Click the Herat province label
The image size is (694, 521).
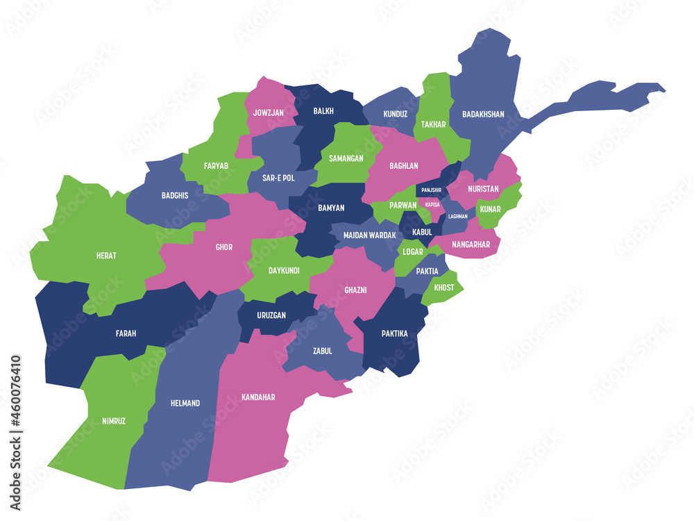(106, 256)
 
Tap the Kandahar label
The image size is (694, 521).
(258, 397)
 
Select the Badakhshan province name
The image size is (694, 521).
(483, 115)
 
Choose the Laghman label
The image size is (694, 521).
(458, 216)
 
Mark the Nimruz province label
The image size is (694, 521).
(114, 421)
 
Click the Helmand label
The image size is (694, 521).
(185, 403)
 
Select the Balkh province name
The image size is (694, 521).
(323, 111)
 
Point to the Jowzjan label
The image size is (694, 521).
(268, 112)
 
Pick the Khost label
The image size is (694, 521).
(444, 288)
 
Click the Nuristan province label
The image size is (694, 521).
(483, 188)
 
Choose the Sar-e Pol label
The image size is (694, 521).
(278, 178)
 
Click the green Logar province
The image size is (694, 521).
(413, 251)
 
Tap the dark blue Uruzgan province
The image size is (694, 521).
(271, 315)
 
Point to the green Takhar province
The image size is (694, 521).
(434, 125)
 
